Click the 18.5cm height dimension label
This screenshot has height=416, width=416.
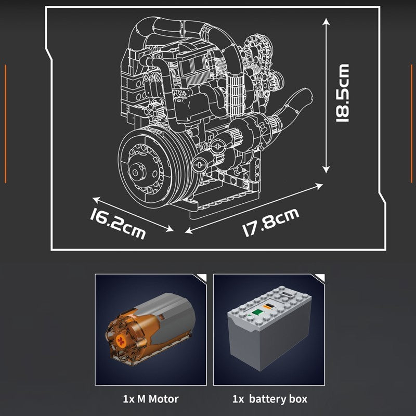[x=343, y=93]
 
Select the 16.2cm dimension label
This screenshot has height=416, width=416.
[x=118, y=224]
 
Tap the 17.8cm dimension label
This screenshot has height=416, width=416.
[x=271, y=223]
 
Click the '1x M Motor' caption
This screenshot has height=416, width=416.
[x=151, y=399]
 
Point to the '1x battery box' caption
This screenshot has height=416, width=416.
[x=270, y=399]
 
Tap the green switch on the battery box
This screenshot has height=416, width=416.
[x=256, y=313]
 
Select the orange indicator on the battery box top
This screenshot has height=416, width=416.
[x=268, y=307]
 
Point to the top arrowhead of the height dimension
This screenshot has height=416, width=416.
[x=326, y=21]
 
